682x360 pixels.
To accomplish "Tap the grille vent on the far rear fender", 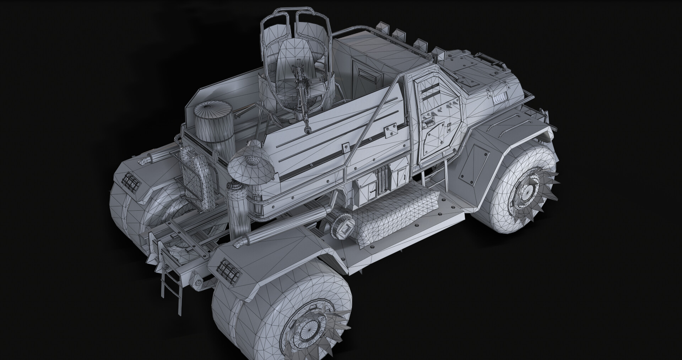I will [x=132, y=181].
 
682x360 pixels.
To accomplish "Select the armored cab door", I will [x=435, y=117].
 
